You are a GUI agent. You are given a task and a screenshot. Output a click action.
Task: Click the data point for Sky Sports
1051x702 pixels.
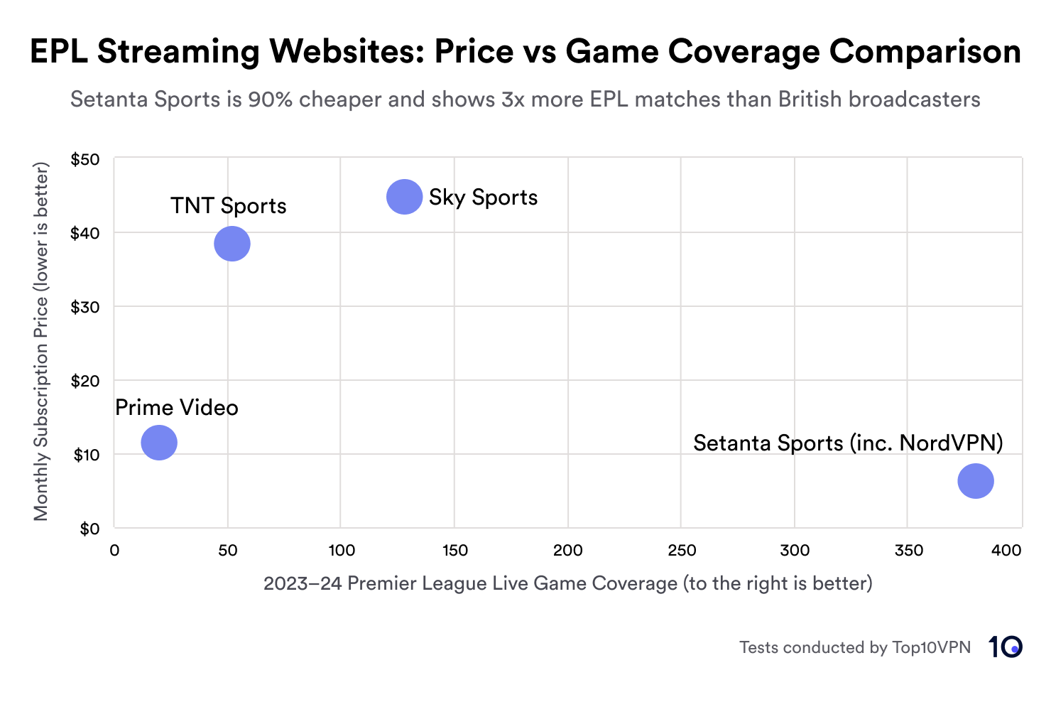(404, 197)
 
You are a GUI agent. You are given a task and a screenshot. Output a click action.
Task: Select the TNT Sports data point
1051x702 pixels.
(232, 244)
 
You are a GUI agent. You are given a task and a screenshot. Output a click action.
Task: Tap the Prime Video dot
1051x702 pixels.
(159, 443)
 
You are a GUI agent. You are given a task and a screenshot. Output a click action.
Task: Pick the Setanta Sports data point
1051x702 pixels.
(975, 481)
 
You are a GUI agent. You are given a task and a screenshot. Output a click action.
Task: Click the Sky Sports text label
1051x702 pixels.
(483, 198)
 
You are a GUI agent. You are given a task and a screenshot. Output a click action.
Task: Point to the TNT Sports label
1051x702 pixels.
(228, 206)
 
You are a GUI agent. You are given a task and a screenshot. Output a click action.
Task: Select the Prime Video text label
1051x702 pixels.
(177, 408)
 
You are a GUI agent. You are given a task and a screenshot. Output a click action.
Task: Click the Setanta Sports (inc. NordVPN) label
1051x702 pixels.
(848, 443)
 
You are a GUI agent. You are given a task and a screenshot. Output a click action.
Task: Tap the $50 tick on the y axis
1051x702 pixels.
(85, 159)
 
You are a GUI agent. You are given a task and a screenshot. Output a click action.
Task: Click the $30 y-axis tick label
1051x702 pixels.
(85, 307)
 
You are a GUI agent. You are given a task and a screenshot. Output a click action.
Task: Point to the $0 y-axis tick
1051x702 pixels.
(89, 529)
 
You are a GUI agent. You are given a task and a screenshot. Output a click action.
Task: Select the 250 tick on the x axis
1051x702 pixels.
(682, 551)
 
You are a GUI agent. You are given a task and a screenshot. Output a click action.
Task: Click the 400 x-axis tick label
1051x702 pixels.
(1006, 551)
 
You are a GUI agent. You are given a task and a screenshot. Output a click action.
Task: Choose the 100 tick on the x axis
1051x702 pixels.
(342, 551)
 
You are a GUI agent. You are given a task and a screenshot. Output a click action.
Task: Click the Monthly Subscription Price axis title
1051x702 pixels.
(41, 342)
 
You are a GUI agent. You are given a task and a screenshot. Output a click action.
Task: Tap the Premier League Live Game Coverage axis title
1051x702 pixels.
(567, 584)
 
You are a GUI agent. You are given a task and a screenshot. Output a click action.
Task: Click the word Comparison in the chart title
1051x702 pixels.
(925, 52)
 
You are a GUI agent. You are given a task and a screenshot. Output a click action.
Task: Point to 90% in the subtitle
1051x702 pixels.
(270, 99)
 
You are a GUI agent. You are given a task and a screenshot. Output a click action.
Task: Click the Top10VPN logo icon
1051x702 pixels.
(1005, 647)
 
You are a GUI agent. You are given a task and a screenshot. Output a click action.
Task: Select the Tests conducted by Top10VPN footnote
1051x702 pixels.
(854, 647)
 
